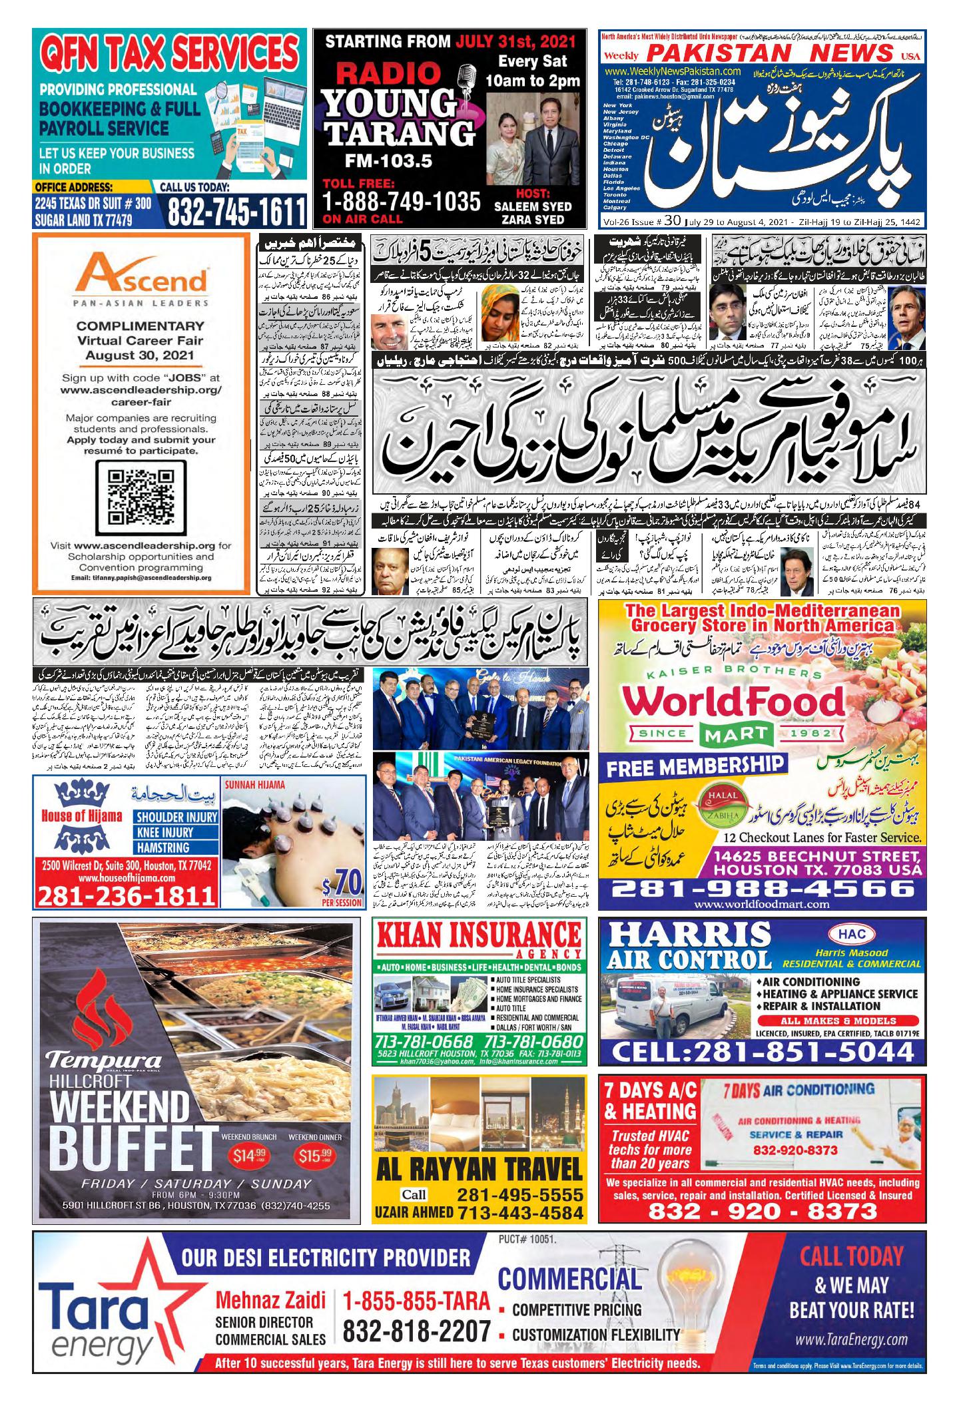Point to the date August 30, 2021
(x=140, y=355)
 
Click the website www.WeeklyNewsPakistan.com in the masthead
(x=673, y=71)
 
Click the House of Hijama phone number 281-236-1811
(x=126, y=895)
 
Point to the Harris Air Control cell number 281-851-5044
(x=763, y=1051)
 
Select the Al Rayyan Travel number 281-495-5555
(x=520, y=1194)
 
